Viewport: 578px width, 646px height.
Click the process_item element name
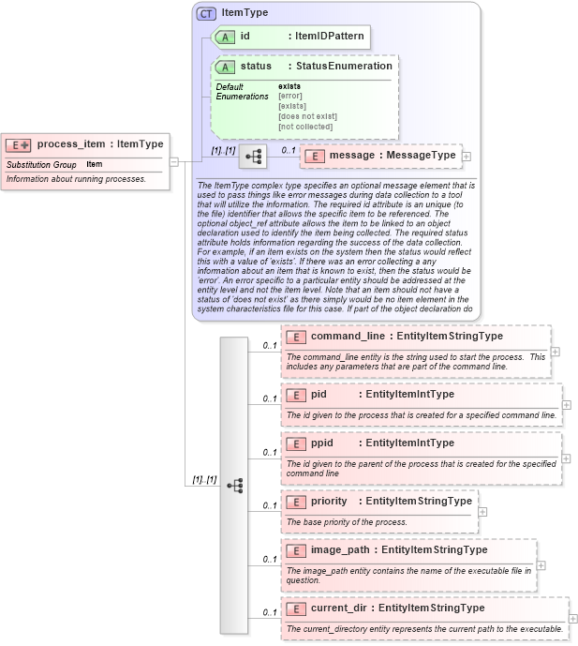[70, 143]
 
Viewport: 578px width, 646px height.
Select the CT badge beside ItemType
[205, 13]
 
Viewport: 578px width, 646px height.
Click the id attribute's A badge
[225, 37]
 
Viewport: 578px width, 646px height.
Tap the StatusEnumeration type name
[344, 67]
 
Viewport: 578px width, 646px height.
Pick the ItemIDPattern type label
[329, 37]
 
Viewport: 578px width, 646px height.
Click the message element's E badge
[316, 156]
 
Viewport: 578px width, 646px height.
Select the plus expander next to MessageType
[467, 156]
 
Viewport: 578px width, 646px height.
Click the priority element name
[329, 501]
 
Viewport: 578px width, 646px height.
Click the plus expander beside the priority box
[482, 512]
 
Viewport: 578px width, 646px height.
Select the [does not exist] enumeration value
[307, 116]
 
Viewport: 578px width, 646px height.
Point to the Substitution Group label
[41, 165]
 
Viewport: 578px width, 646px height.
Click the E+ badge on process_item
[19, 144]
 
